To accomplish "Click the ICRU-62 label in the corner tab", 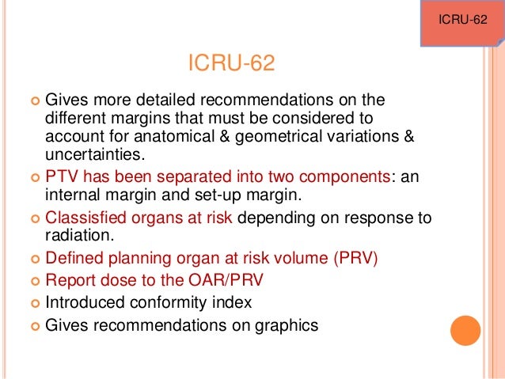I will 462,18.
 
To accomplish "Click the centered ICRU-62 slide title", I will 231,63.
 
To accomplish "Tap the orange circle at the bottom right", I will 465,328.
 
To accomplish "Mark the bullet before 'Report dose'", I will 35,280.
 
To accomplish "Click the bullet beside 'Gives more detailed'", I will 35,101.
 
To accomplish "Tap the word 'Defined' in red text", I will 74,259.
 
